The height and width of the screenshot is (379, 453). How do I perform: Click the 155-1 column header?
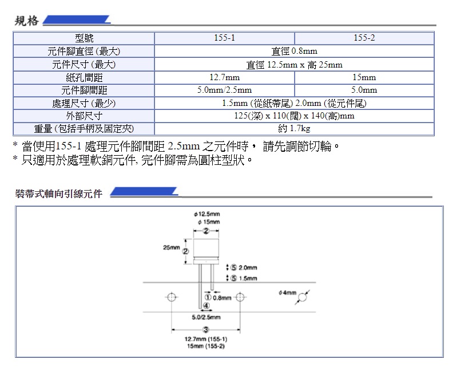click(x=224, y=38)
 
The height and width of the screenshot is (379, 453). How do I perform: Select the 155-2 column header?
click(x=364, y=38)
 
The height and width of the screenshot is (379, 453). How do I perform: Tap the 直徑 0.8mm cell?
click(x=295, y=52)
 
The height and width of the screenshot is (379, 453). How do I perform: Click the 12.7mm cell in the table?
click(x=224, y=77)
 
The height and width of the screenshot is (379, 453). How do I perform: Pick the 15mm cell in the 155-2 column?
click(x=364, y=77)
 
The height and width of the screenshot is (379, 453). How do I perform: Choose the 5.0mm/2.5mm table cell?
click(x=224, y=90)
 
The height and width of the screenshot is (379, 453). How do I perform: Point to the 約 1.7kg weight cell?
click(x=295, y=129)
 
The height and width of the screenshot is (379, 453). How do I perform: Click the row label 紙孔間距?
click(x=84, y=77)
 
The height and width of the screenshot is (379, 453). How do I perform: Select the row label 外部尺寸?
click(x=84, y=116)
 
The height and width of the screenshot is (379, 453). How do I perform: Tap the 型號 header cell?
click(x=84, y=38)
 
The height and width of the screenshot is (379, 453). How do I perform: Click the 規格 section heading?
click(x=27, y=21)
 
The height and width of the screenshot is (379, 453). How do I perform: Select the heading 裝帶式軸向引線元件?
click(x=59, y=194)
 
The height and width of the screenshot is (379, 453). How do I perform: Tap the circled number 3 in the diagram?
click(x=205, y=329)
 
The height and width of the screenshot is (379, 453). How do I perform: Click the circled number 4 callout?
click(x=205, y=306)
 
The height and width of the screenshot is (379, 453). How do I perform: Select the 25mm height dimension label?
click(x=171, y=248)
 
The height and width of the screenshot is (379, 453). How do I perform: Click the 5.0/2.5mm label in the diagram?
click(x=205, y=317)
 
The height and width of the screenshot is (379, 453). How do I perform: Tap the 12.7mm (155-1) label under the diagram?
click(x=205, y=339)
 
